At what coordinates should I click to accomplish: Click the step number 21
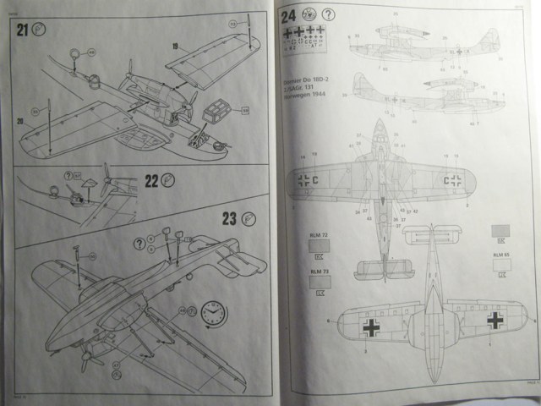click(23, 30)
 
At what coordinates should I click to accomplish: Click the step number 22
click(153, 181)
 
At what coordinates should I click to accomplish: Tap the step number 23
click(229, 218)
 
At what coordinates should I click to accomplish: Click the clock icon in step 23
click(215, 315)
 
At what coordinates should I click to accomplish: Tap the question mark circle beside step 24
click(328, 14)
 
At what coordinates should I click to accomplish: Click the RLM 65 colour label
click(501, 255)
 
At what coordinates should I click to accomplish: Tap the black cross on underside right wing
click(495, 321)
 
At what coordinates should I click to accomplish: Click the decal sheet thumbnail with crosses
click(303, 37)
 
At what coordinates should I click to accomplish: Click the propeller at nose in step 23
click(87, 359)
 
